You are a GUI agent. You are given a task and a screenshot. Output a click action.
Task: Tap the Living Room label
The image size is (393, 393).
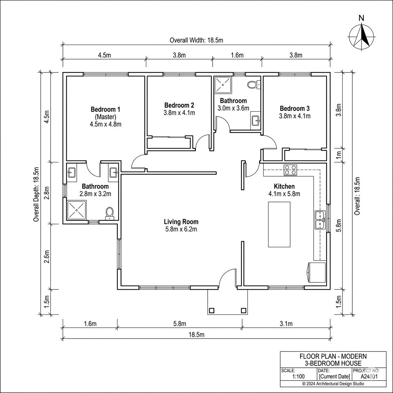click(181, 221)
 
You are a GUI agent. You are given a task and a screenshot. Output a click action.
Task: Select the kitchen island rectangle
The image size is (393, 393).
click(279, 224)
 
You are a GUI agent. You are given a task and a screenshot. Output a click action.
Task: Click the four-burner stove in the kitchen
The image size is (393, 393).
click(290, 170)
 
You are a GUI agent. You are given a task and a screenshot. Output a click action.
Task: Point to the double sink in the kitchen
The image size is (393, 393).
click(320, 220)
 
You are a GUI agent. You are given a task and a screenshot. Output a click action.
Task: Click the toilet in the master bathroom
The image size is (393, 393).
click(109, 213)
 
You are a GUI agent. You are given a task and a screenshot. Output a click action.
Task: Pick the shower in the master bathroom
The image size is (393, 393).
click(77, 210)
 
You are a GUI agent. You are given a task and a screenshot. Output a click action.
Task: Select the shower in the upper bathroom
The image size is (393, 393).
click(223, 85)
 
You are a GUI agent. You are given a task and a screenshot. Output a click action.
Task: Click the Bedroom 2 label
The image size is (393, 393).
click(179, 105)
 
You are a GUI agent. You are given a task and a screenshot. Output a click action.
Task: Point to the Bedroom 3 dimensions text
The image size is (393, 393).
click(294, 116)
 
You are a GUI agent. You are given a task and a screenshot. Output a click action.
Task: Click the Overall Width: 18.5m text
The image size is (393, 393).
click(196, 40)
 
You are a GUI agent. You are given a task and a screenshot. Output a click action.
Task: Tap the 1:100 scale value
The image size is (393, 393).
click(299, 376)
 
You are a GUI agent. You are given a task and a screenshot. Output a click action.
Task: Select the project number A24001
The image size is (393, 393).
click(369, 376)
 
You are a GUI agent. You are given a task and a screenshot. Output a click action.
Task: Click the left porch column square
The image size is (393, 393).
click(211, 310)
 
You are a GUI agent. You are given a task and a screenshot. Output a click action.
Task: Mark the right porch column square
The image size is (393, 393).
click(243, 310)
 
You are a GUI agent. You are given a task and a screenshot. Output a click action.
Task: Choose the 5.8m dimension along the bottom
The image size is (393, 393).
click(180, 324)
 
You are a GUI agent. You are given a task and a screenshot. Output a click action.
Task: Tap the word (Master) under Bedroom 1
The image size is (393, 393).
click(106, 117)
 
